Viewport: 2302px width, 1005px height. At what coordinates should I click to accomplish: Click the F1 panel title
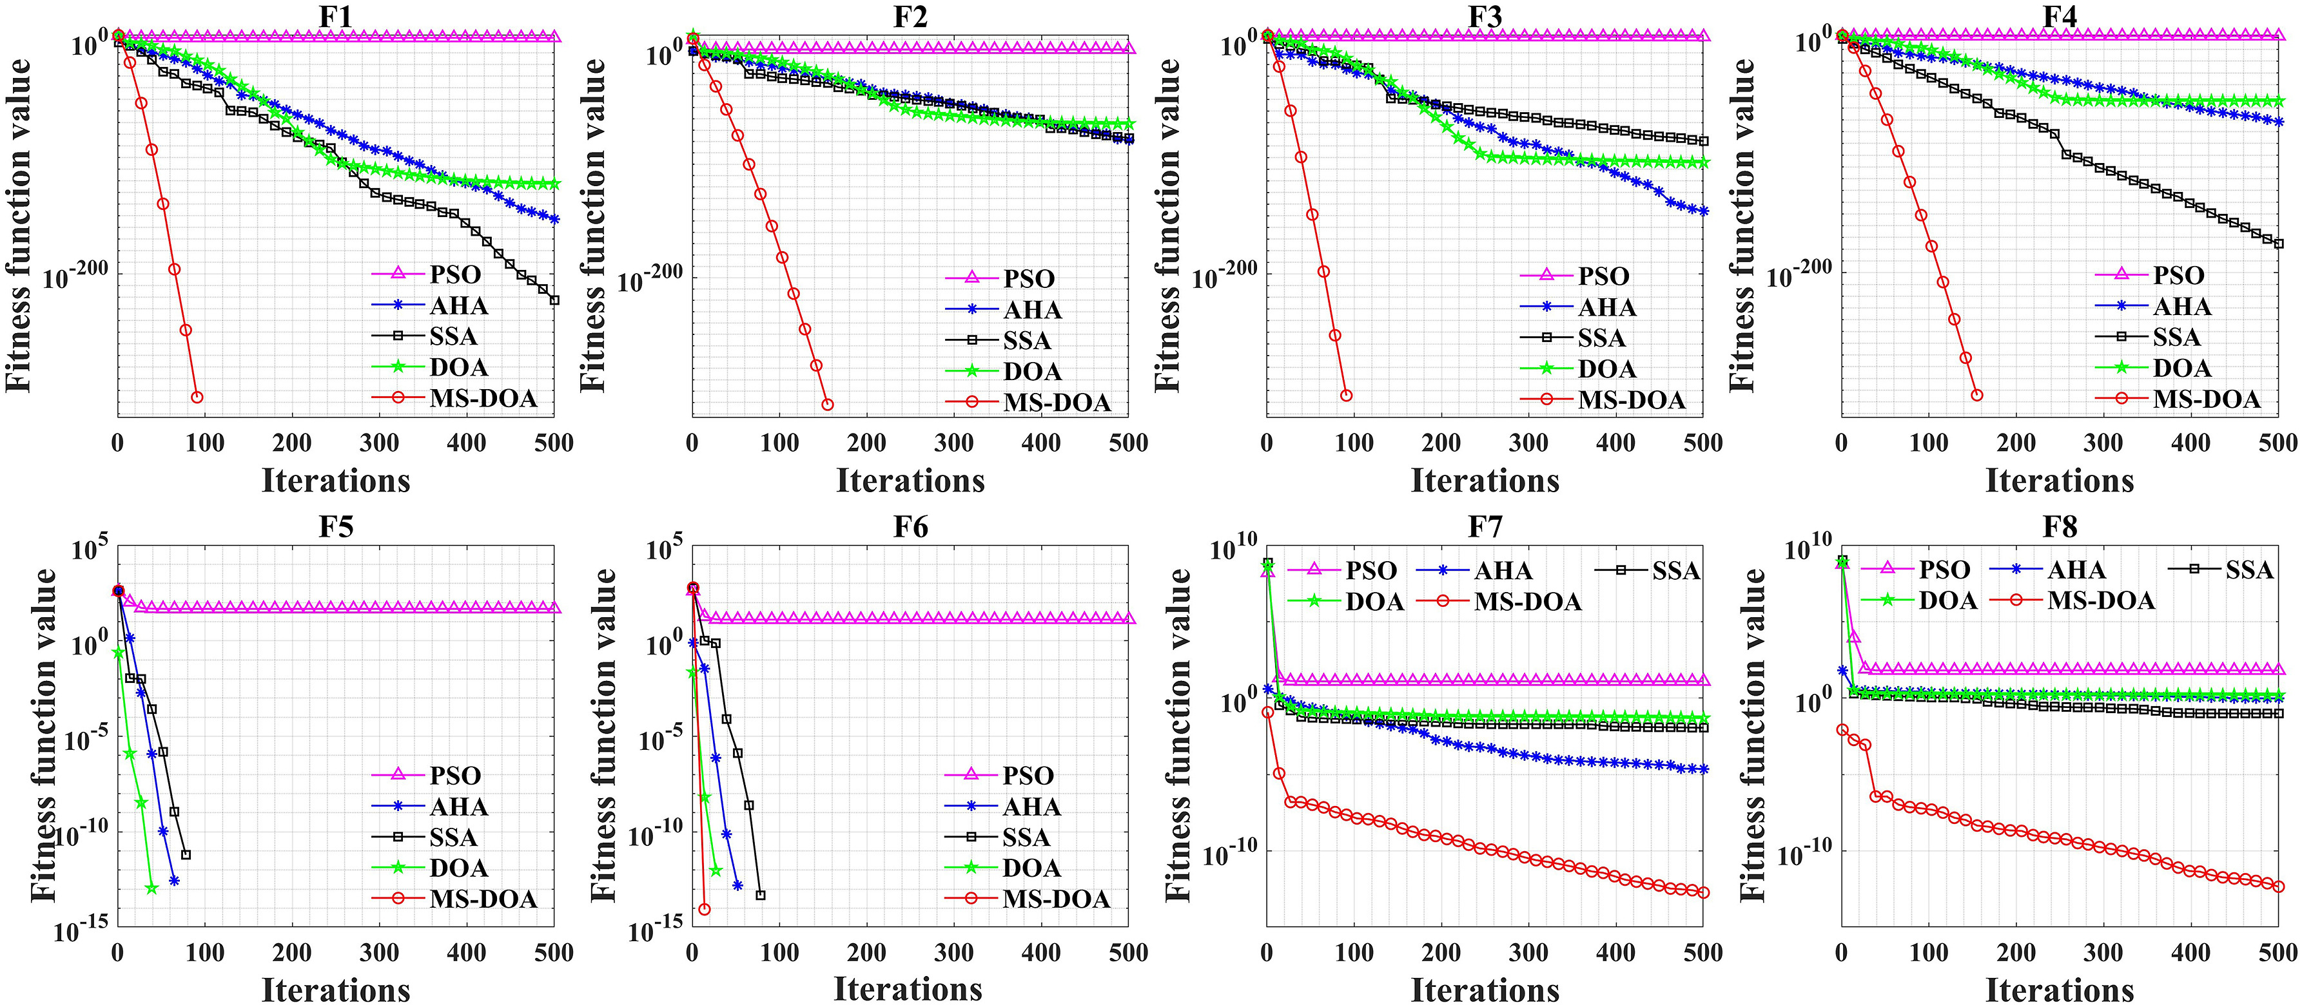point(335,16)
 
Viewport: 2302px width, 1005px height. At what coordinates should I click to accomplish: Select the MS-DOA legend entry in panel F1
point(483,398)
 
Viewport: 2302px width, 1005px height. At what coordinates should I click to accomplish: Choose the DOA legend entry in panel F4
point(2181,368)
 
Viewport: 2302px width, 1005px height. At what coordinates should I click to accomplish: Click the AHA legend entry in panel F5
point(458,807)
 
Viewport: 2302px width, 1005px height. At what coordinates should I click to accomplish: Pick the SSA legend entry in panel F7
point(1675,571)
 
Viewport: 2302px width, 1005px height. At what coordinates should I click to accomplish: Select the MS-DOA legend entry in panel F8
point(2101,600)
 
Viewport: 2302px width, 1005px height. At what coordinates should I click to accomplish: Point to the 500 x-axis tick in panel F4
point(2277,443)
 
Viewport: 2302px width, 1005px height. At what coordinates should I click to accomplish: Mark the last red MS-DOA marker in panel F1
point(197,397)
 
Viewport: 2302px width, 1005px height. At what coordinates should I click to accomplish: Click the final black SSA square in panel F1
point(554,300)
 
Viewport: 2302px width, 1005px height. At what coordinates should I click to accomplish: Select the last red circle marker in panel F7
point(1702,892)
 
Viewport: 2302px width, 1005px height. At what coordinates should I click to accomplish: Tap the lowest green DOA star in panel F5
point(151,888)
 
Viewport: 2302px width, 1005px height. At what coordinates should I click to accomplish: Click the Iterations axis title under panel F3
point(1485,481)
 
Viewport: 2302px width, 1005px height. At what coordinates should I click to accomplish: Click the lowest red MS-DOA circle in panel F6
point(704,910)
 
